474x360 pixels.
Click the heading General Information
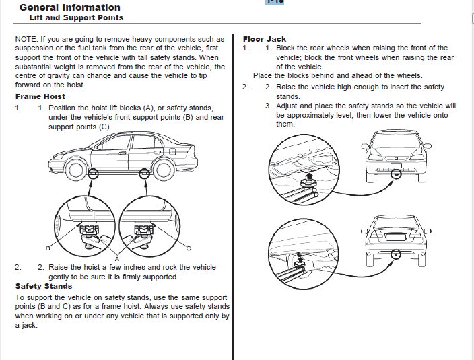coord(69,7)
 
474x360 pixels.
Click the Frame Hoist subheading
coord(40,96)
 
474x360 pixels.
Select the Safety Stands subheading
coord(44,286)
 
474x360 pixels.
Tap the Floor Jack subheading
coord(265,39)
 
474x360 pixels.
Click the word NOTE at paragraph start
coord(26,40)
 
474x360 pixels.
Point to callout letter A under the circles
coord(117,258)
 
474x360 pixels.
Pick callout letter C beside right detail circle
coord(188,248)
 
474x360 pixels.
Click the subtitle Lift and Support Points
coord(76,17)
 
